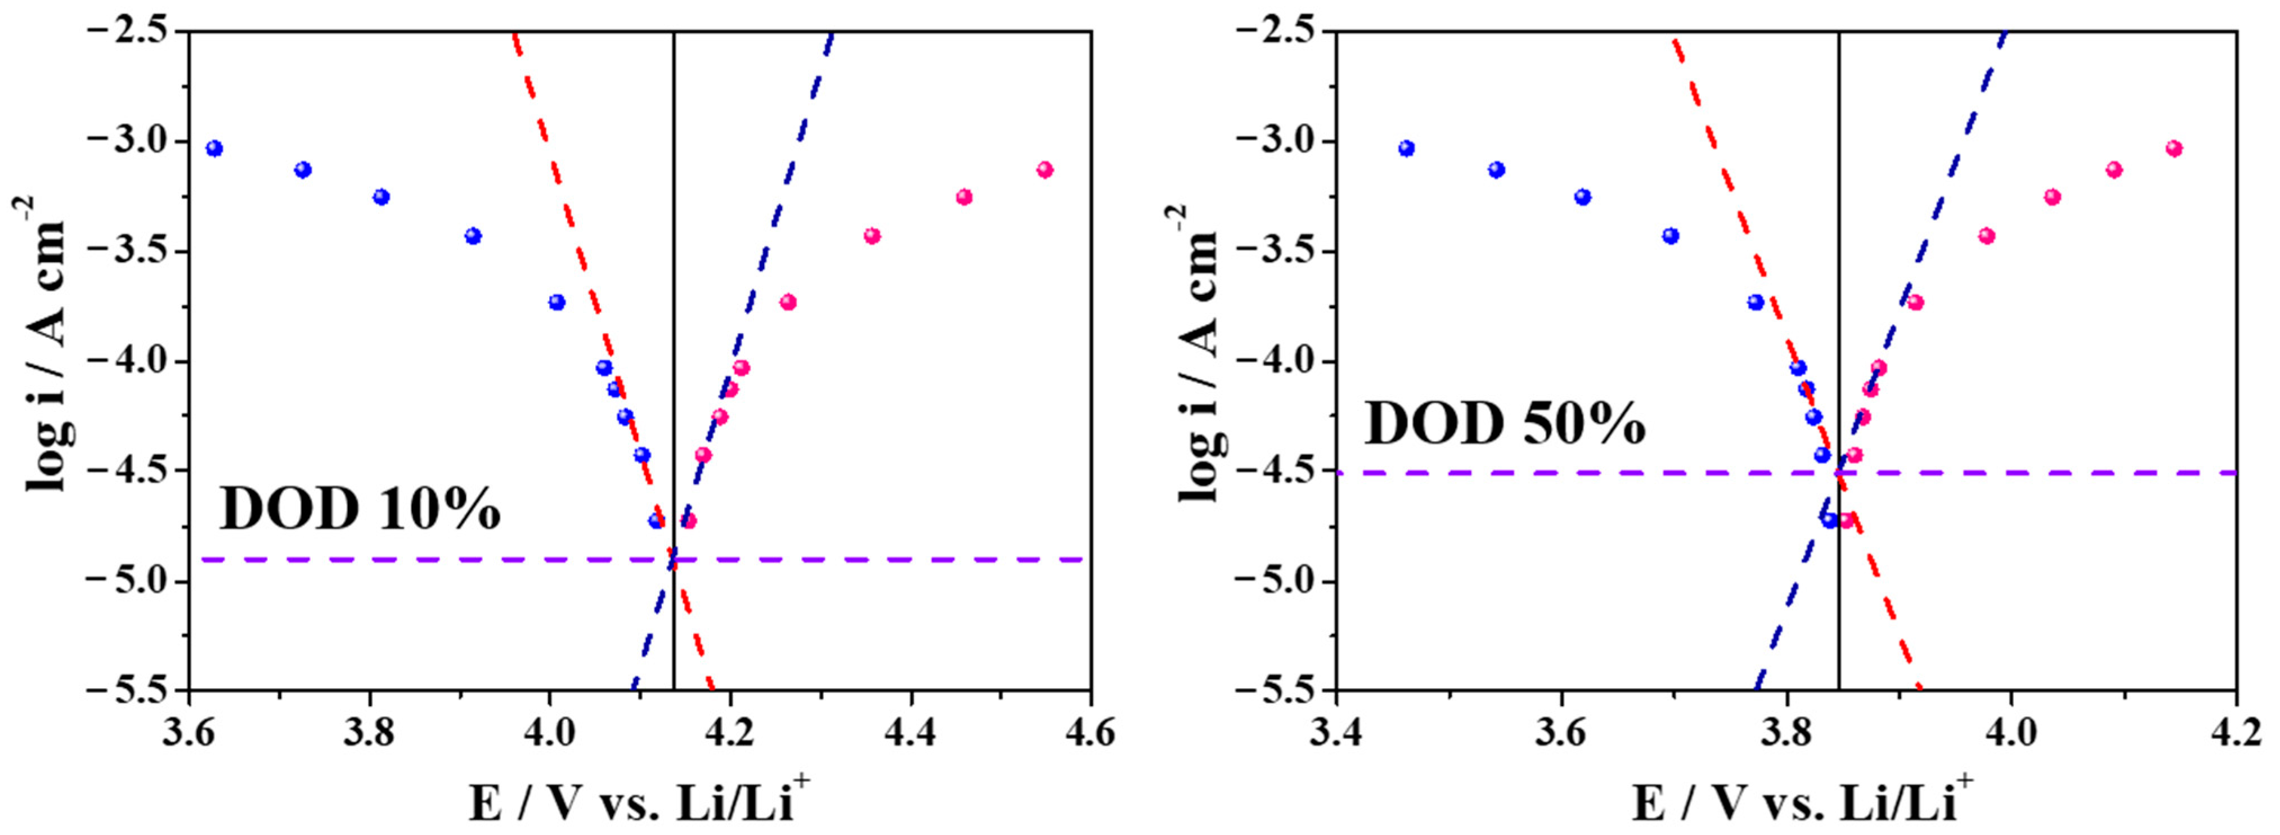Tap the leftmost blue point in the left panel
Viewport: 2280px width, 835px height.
coord(214,148)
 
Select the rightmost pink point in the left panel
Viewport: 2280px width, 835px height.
coord(1044,169)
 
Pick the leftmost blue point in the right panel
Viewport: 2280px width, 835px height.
coord(1406,148)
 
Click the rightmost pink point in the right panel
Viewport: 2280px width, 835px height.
coord(2174,148)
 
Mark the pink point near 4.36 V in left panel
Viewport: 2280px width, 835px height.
coord(872,236)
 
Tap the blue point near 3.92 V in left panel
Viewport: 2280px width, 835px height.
coord(473,236)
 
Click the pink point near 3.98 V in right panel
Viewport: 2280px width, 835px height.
coord(1986,236)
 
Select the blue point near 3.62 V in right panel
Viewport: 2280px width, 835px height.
coord(1582,196)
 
